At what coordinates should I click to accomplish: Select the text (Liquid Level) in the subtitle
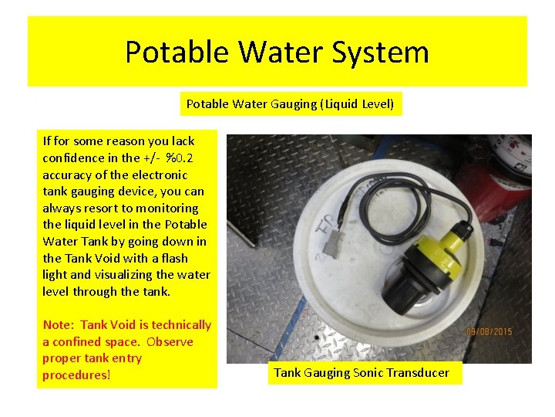357,104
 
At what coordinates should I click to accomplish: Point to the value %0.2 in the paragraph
181,158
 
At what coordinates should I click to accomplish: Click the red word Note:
59,325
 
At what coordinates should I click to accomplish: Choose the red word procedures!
76,375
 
